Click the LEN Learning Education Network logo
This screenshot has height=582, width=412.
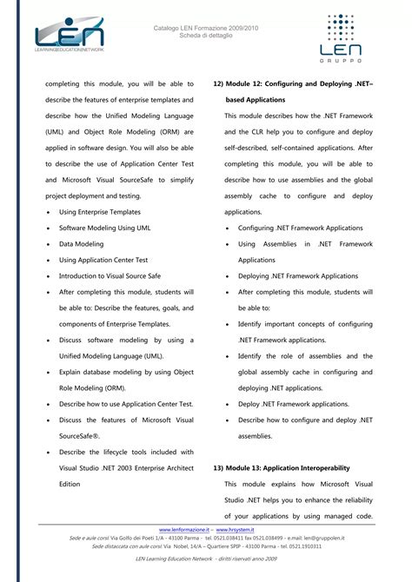(69, 37)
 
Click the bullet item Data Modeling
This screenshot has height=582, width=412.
(81, 244)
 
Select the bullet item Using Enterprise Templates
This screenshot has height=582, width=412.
(99, 212)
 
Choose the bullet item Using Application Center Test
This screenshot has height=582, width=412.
(103, 260)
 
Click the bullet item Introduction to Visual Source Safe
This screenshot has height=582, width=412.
(110, 275)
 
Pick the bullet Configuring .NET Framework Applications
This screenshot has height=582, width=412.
(300, 228)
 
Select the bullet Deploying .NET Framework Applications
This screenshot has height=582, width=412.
(298, 275)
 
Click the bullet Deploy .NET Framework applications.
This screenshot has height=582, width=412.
(294, 404)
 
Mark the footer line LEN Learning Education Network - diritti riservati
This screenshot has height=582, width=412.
(206, 561)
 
